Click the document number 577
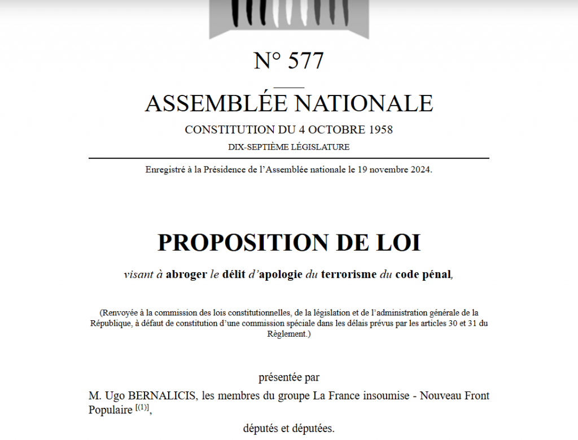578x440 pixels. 306,61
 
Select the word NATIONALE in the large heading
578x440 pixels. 365,103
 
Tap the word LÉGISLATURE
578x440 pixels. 321,147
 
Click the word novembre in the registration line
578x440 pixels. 386,169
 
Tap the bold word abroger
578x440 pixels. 186,275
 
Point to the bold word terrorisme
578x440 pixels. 348,275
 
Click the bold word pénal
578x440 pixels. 438,275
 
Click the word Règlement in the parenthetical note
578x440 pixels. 287,334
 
